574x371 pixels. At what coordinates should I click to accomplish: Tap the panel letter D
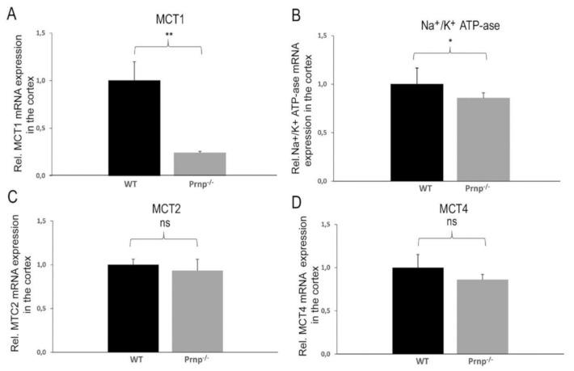coord(296,197)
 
